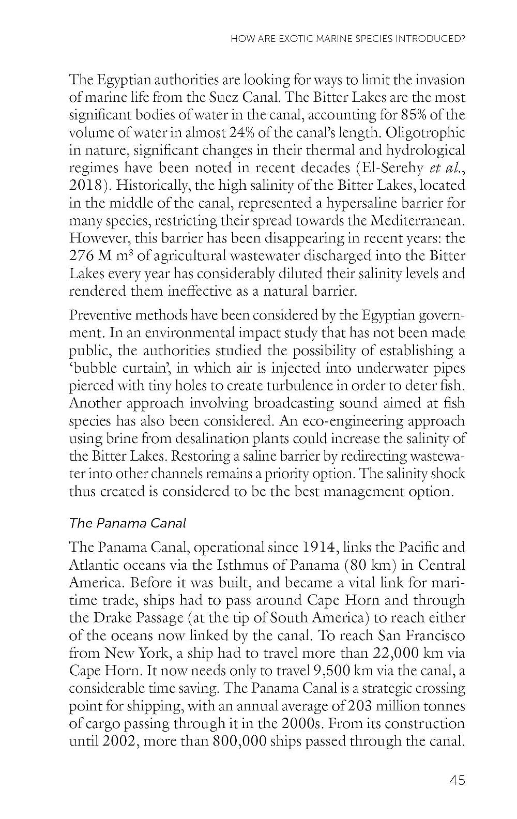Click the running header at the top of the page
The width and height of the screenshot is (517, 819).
point(345,38)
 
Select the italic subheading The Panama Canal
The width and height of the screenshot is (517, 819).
point(127,523)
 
